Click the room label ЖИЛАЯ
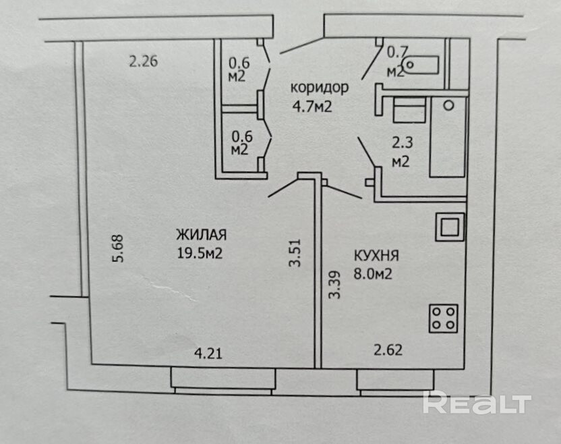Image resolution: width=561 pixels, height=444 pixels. tap(201, 235)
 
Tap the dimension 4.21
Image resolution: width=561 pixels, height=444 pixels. tap(208, 352)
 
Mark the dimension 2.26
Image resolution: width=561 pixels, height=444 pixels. tap(143, 63)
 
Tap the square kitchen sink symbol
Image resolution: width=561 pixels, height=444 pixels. tap(449, 227)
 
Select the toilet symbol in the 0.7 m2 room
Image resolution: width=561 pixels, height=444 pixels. tap(420, 65)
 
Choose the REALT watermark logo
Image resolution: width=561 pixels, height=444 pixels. tap(476, 403)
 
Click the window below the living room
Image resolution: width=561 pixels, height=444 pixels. tap(223, 380)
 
